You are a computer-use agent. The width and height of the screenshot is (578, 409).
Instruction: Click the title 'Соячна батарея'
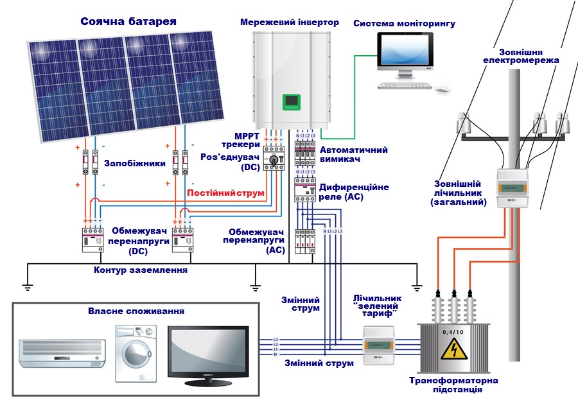128,22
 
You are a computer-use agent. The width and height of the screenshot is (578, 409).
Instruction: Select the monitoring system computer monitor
405,53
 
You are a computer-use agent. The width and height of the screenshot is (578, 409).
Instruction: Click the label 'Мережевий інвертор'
290,22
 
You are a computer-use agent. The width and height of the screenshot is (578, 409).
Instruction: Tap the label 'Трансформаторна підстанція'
454,385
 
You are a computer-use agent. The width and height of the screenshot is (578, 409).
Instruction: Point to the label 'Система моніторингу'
405,24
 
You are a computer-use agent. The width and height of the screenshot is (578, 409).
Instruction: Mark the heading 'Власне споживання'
136,311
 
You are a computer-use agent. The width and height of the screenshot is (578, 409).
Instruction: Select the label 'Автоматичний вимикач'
353,155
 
